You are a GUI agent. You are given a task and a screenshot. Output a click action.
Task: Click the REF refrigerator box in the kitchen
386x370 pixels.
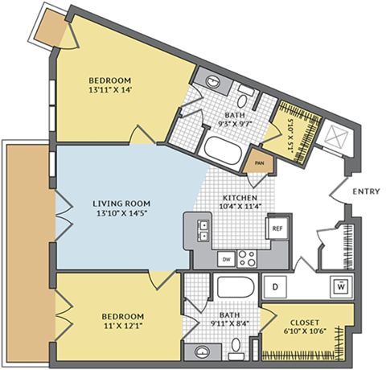pos(277,228)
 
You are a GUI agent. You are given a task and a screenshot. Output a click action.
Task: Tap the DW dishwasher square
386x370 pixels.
pos(226,259)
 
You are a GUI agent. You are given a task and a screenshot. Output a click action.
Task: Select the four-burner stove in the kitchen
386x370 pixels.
pos(248,259)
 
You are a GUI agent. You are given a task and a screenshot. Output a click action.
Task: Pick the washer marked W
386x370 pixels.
pos(341,286)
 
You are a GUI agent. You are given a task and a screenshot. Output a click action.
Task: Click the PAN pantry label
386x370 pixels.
pos(259,163)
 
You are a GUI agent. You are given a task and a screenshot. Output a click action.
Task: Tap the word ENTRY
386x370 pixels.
pos(366,191)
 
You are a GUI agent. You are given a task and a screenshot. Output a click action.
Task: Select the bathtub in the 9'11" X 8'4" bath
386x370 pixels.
pos(235,287)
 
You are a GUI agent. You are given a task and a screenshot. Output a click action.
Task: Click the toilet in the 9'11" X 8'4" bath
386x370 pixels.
pos(237,347)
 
